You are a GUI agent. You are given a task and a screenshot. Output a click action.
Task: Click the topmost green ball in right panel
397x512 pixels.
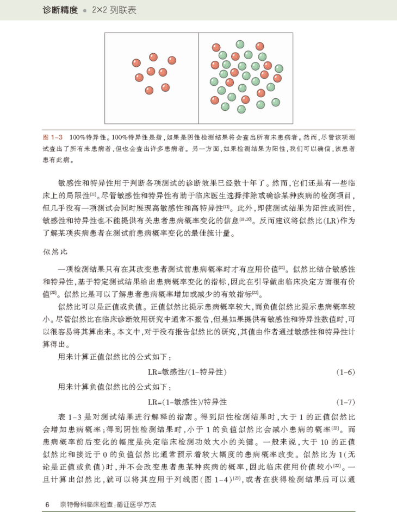(239, 45)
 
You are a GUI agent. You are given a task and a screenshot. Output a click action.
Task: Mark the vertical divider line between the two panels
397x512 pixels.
(199, 78)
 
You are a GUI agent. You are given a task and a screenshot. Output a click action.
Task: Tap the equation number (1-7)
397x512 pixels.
(346, 402)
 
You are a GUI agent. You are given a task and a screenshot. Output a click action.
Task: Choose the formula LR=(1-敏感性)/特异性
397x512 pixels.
(187, 402)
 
